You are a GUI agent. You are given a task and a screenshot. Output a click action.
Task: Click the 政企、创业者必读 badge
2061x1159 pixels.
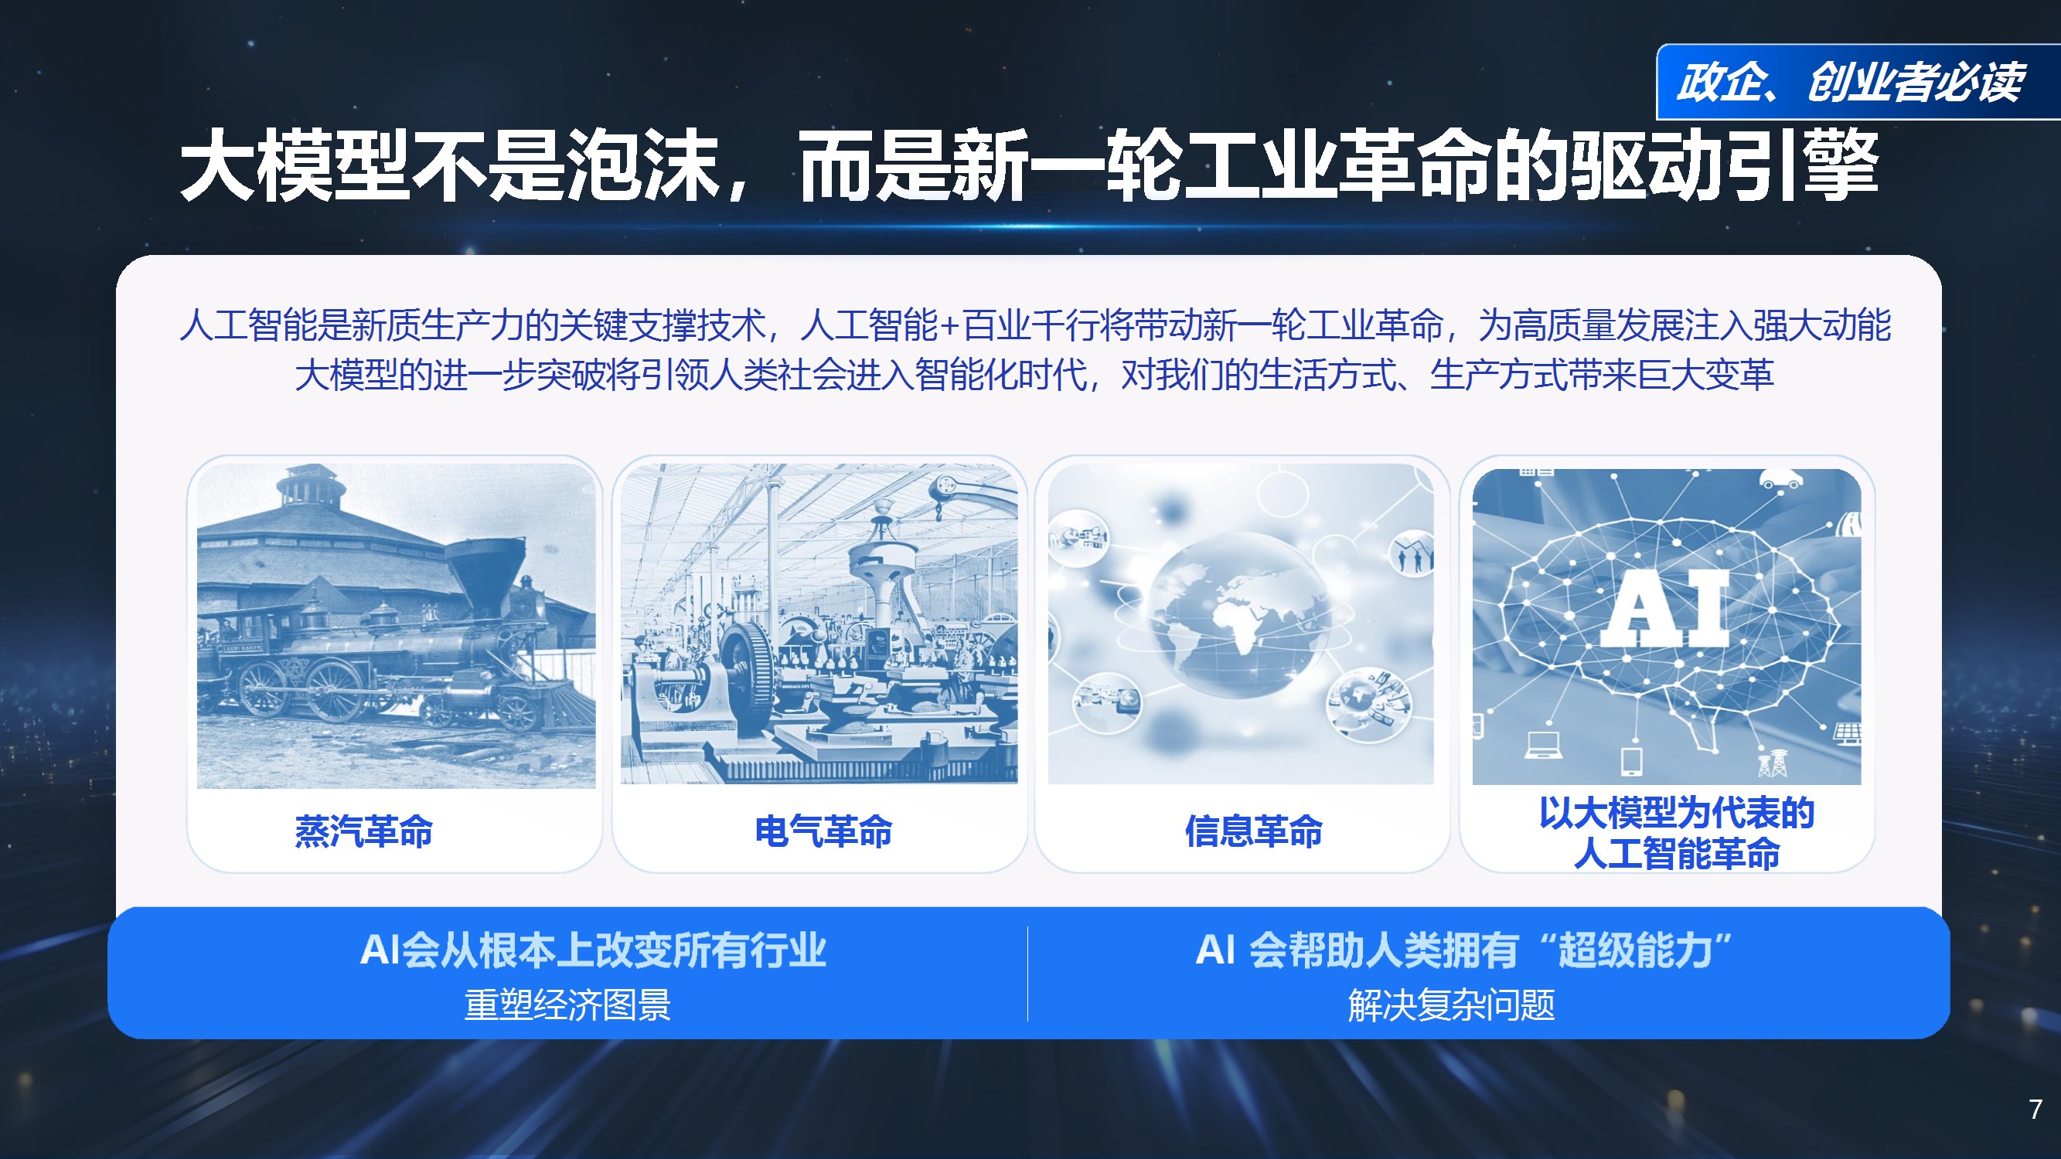(1850, 83)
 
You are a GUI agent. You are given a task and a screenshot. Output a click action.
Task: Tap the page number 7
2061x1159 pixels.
(2035, 1109)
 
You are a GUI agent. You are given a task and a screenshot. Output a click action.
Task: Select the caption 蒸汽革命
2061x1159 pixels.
(364, 831)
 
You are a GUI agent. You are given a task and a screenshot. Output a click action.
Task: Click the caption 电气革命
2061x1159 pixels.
(823, 831)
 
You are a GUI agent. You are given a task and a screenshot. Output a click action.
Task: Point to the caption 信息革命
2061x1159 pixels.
(1254, 831)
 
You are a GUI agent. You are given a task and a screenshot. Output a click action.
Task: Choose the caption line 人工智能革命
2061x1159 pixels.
(1676, 854)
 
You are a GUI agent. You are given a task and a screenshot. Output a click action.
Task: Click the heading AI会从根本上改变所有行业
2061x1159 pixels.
(593, 950)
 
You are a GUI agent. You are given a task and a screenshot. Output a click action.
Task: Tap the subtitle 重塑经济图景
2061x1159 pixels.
(567, 1004)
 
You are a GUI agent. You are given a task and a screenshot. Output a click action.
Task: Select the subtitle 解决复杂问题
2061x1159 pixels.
(1451, 1004)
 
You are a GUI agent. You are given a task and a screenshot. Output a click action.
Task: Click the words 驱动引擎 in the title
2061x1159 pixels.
(1724, 166)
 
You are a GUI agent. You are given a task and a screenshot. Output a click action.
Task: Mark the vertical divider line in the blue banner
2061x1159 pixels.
(1027, 974)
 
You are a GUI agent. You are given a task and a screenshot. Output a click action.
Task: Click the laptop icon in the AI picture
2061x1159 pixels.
(1543, 745)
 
